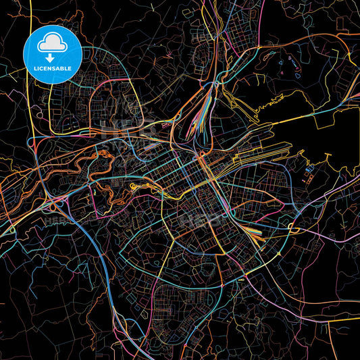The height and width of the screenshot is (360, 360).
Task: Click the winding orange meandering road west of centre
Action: tap(101, 162)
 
